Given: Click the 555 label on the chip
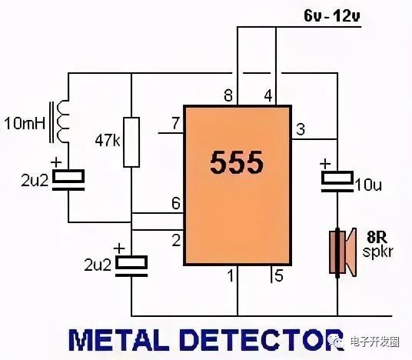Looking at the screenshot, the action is tap(237, 163).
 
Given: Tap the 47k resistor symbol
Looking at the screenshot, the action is tap(131, 142).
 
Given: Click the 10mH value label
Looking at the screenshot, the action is tap(25, 123).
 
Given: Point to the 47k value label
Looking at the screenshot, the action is tap(108, 141).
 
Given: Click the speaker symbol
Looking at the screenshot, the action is tap(343, 252).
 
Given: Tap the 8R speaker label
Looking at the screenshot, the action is tap(377, 237).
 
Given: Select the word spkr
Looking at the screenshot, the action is tap(377, 252).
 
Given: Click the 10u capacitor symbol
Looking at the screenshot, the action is tap(337, 182).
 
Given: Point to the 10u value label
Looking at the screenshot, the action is tap(368, 185).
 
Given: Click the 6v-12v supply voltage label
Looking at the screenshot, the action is tap(332, 16).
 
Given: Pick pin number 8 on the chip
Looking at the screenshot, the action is tap(228, 95).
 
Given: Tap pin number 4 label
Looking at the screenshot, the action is tap(268, 95).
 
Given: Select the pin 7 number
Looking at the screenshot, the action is tap(176, 123).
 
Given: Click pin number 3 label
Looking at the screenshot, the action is tap(301, 129).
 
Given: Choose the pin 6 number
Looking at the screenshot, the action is tap(176, 203).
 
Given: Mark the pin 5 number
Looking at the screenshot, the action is tap(278, 275).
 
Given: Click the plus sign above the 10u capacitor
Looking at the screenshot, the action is tap(325, 164).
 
